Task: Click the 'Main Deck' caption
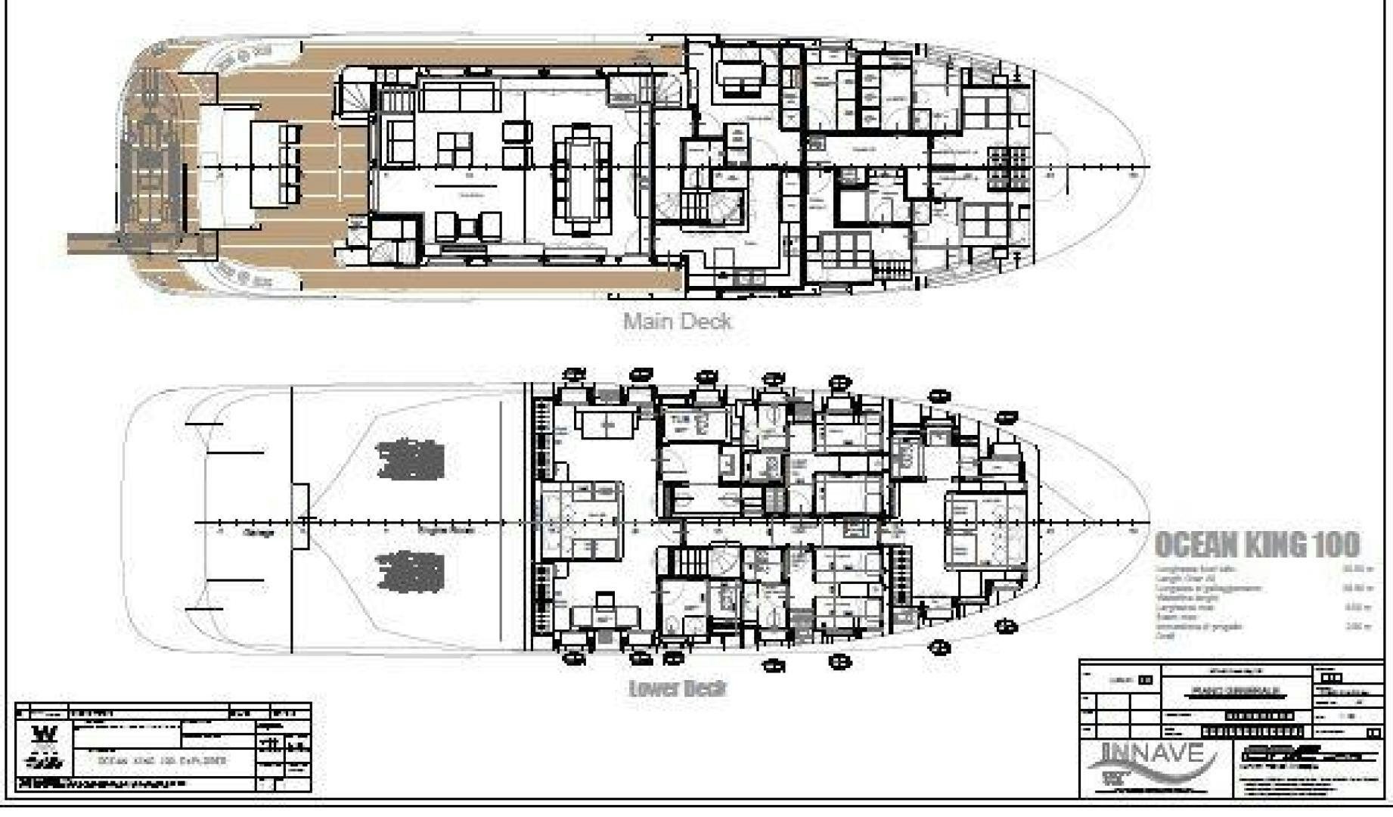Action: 677,322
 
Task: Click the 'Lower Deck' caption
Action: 677,688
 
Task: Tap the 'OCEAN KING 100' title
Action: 1256,545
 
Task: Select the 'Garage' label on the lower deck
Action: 259,533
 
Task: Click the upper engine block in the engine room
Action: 410,459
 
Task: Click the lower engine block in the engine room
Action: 410,572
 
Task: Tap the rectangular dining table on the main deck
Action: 581,180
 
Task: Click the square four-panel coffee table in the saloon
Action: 454,148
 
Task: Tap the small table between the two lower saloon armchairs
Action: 468,224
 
